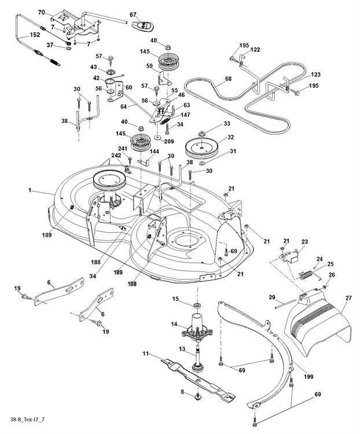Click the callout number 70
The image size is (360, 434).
(42, 12)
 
